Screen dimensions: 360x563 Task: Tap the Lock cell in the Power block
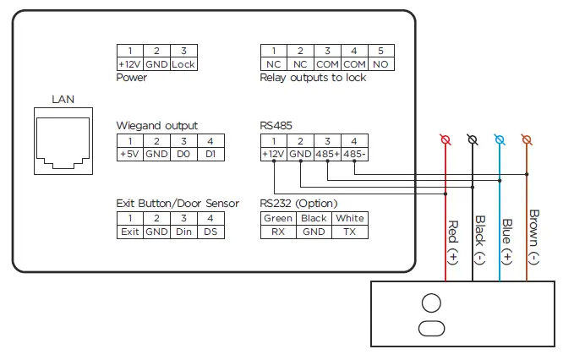click(183, 63)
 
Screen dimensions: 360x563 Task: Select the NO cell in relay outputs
click(380, 63)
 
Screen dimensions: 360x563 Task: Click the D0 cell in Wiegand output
click(183, 154)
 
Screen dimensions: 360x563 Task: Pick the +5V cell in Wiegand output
click(129, 154)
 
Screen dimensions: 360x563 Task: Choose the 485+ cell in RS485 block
click(327, 154)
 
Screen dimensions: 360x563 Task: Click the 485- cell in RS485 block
click(355, 154)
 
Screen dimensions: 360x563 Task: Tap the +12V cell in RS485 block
click(273, 154)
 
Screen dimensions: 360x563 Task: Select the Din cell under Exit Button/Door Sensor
click(183, 232)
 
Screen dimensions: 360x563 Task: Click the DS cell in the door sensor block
click(210, 232)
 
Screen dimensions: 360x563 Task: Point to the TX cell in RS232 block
click(350, 232)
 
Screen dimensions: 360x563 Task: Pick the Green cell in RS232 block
click(277, 218)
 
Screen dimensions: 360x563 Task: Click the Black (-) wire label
click(479, 236)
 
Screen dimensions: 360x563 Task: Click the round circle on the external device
click(431, 303)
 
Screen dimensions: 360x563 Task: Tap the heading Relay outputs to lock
click(313, 78)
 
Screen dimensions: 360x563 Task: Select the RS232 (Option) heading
click(298, 203)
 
